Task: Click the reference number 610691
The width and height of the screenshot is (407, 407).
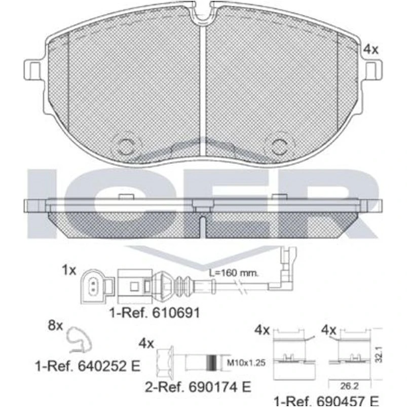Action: click(x=176, y=313)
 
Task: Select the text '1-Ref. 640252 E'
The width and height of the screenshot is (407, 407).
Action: click(x=88, y=366)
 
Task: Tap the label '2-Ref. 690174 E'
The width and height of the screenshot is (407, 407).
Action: click(x=198, y=387)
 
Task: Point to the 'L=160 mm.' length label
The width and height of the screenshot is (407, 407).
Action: click(x=234, y=273)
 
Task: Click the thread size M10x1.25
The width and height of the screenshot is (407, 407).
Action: click(x=246, y=362)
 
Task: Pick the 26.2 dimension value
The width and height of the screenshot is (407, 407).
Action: click(x=349, y=386)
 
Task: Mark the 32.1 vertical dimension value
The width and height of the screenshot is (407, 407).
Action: click(x=379, y=354)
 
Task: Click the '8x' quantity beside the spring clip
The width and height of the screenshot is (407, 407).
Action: click(x=55, y=325)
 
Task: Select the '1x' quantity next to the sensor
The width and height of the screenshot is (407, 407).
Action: click(x=69, y=270)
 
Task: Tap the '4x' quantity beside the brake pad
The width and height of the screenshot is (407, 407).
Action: click(x=371, y=49)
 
